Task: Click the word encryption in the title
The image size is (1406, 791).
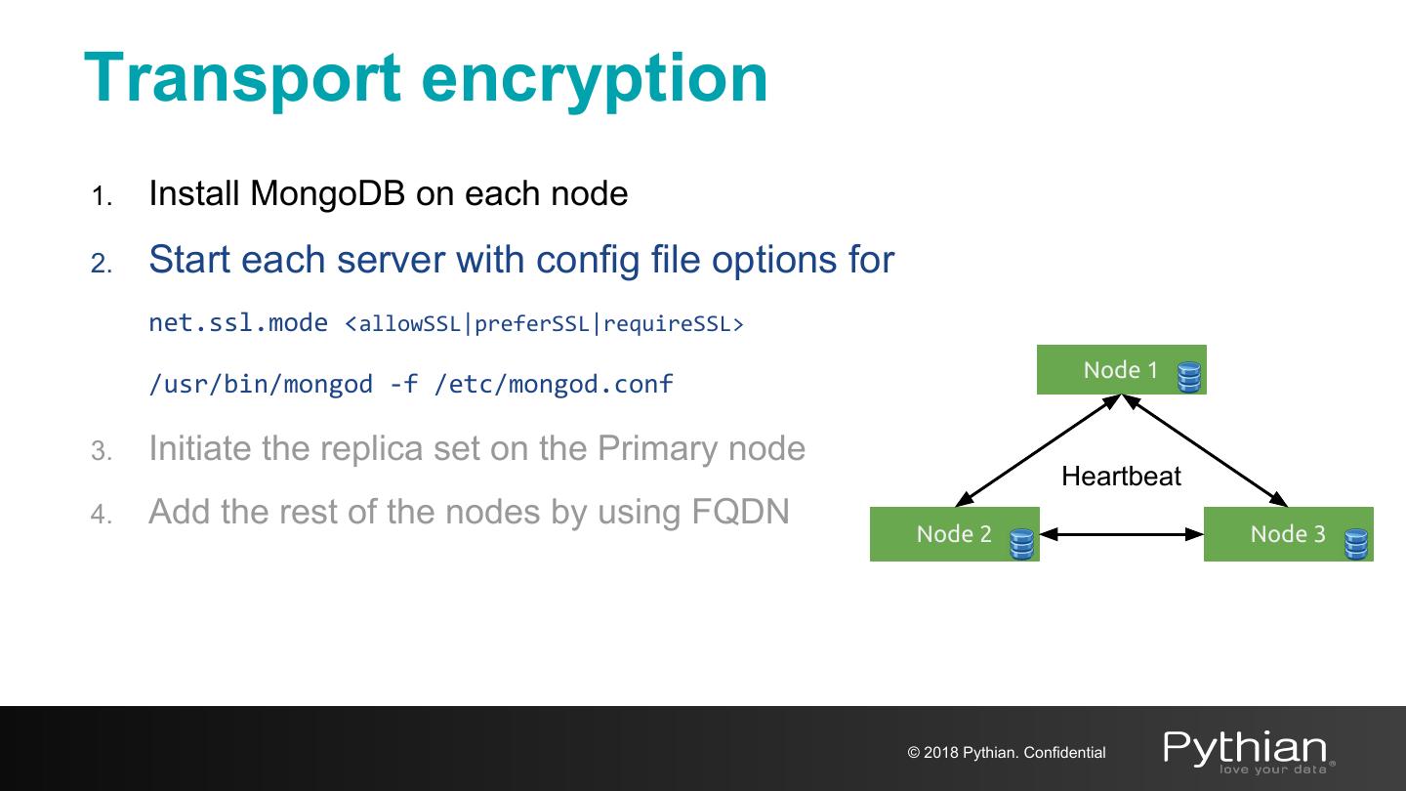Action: tap(595, 80)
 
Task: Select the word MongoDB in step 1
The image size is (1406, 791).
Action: tap(327, 194)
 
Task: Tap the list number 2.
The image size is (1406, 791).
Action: tap(102, 264)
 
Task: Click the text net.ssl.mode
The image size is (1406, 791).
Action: tap(238, 322)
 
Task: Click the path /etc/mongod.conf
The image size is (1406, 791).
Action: tap(554, 384)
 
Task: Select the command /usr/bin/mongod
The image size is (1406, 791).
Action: tap(261, 384)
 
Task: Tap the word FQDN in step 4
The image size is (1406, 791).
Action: tap(741, 511)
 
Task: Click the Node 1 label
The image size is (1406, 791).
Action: tap(1121, 370)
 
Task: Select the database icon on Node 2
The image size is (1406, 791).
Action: tap(1022, 544)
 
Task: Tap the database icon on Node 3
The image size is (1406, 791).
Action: tap(1356, 544)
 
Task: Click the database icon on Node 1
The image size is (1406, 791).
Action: tap(1189, 377)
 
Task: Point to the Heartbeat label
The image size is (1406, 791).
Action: tap(1121, 476)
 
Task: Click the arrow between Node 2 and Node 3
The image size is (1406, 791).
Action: tap(1122, 534)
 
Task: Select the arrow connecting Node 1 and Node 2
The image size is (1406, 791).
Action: tap(1038, 450)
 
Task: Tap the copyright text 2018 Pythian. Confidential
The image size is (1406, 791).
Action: tap(1014, 752)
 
